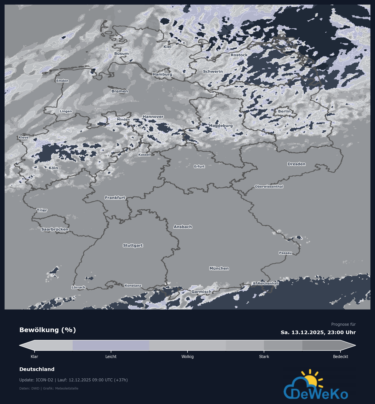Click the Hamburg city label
(x=162, y=74)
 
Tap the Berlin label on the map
(x=284, y=111)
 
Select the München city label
(x=219, y=268)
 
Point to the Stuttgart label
(x=133, y=245)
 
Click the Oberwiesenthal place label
(x=269, y=187)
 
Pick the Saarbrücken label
(x=55, y=229)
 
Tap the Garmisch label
(x=201, y=292)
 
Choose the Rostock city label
(x=239, y=55)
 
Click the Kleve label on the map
(x=24, y=137)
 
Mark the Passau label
(x=285, y=253)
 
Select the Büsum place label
(x=121, y=54)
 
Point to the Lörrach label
(x=79, y=287)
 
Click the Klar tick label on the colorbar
(x=34, y=357)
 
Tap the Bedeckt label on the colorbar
(x=340, y=357)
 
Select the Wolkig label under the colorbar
(x=188, y=357)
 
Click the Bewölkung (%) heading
(x=48, y=330)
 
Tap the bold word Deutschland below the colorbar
(x=37, y=369)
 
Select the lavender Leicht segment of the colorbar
(x=111, y=345)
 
